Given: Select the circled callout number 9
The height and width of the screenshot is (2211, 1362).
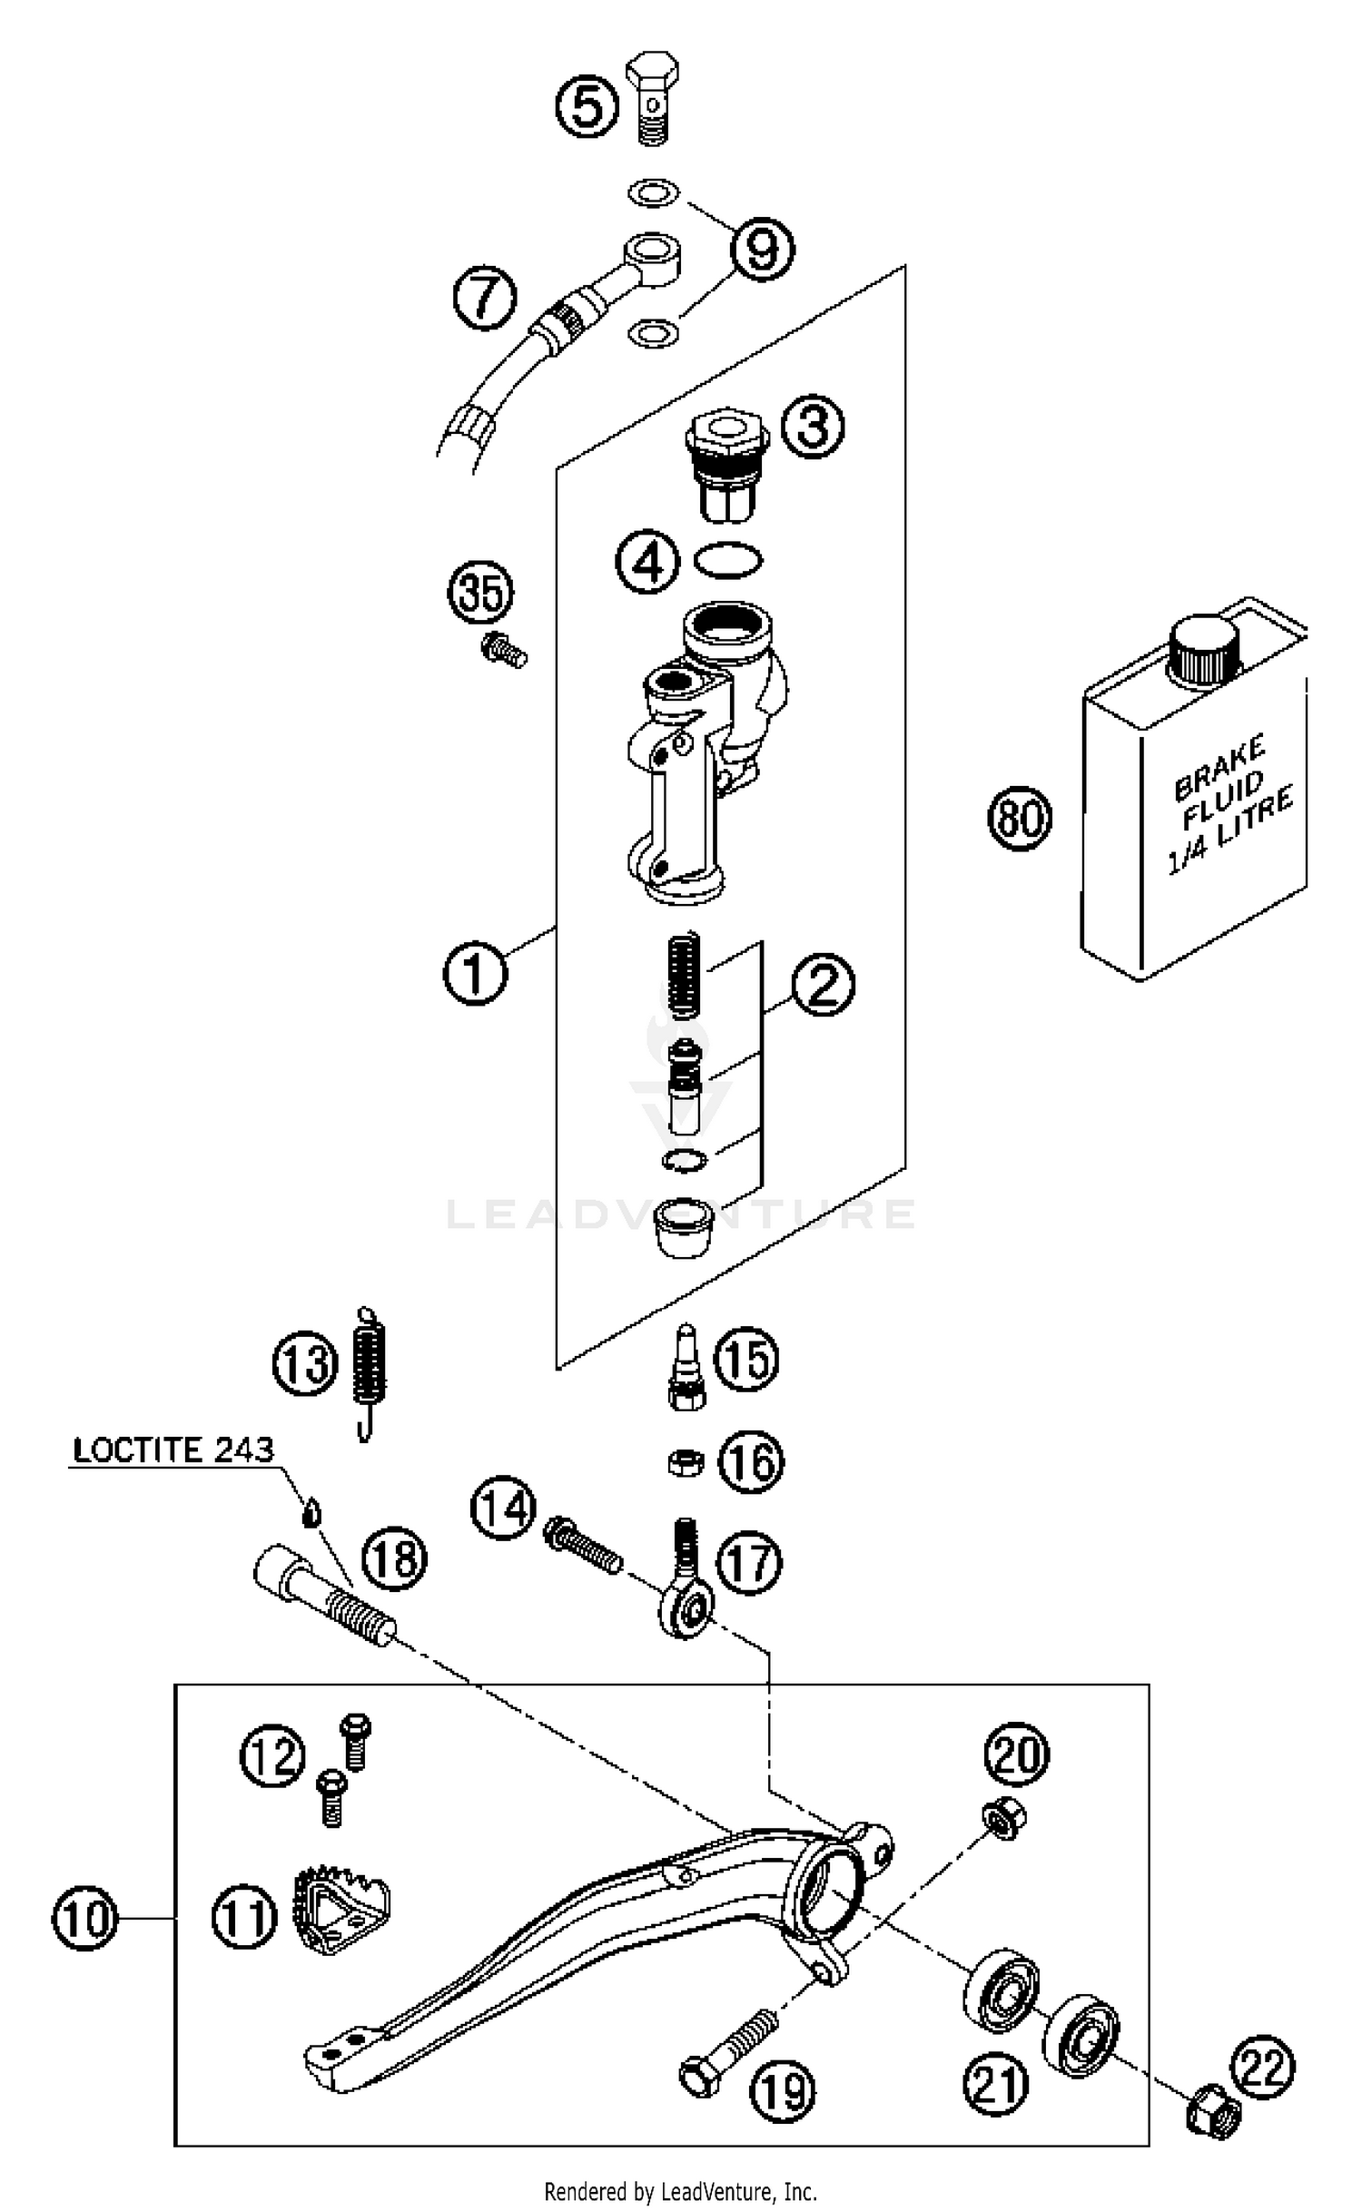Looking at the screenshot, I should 762,249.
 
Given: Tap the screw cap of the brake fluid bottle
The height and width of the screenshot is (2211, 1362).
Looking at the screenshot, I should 1204,650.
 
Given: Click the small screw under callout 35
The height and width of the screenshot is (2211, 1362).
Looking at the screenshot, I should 502,650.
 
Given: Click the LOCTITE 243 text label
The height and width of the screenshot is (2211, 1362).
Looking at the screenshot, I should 173,1449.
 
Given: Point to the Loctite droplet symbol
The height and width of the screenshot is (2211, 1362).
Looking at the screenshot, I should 311,1513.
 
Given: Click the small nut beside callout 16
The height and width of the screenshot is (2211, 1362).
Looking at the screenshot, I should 685,1463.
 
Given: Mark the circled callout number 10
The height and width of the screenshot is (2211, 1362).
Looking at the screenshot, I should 85,1918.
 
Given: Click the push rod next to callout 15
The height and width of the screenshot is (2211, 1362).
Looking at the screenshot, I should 686,1369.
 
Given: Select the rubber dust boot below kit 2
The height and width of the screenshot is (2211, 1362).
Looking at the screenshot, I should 684,1227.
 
